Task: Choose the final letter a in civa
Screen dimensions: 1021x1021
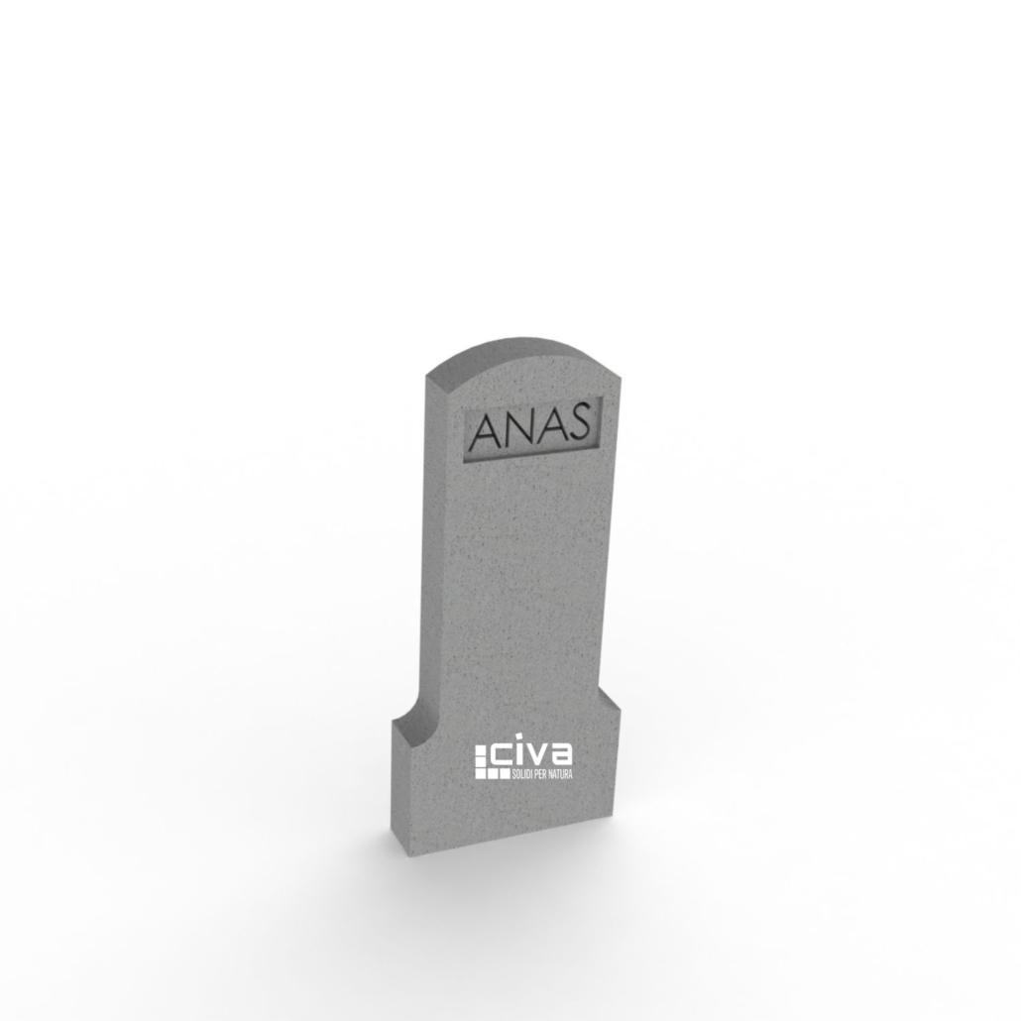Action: tap(561, 754)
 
